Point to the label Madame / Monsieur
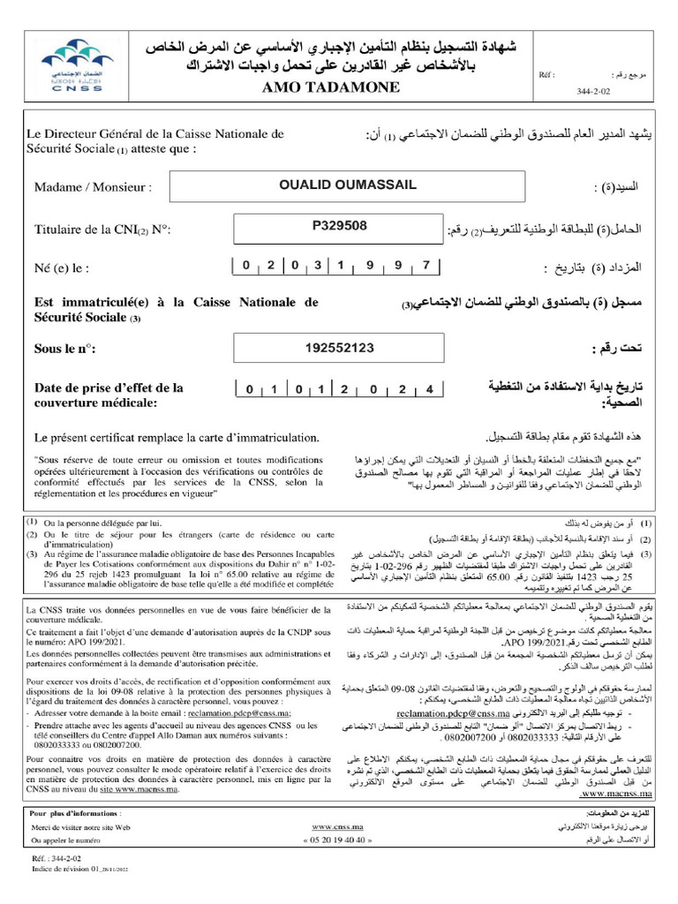tap(92, 187)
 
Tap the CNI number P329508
tap(340, 225)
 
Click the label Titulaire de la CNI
tap(102, 229)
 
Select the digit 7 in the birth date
tap(426, 266)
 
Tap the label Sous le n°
tap(64, 350)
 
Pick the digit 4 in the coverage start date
tap(429, 389)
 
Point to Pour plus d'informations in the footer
tap(76, 811)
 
